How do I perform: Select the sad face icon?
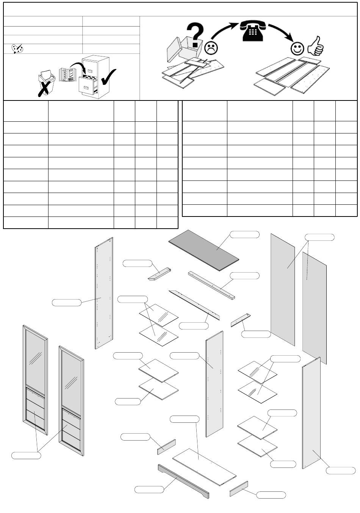tap(211, 48)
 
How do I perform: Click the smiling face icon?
tap(297, 48)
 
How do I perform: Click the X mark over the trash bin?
tap(45, 88)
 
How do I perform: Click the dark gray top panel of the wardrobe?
tap(204, 250)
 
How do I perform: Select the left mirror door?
tap(35, 379)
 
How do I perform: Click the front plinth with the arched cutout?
tap(183, 481)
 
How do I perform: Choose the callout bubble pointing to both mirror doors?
tap(26, 455)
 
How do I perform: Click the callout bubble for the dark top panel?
tap(245, 234)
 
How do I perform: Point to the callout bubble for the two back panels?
tap(320, 237)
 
